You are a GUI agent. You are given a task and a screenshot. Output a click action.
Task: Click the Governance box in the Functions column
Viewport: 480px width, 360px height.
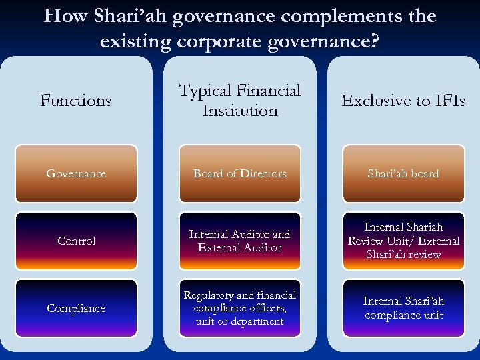coord(76,173)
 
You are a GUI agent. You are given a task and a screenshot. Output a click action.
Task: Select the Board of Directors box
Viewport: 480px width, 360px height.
coord(240,173)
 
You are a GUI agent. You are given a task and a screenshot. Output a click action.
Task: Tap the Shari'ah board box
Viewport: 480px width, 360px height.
coord(403,173)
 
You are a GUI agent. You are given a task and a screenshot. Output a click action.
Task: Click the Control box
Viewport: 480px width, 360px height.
coord(76,241)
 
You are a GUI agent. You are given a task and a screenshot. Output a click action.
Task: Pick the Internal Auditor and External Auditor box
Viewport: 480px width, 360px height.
coord(240,241)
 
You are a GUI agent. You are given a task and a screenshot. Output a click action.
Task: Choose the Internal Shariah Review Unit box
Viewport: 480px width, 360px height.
coord(403,241)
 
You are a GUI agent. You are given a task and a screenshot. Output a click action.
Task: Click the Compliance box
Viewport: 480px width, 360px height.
coord(76,308)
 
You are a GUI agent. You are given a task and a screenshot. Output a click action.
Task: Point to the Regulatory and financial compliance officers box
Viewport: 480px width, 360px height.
coord(240,308)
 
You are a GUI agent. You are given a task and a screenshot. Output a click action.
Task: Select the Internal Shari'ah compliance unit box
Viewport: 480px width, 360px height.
coord(403,308)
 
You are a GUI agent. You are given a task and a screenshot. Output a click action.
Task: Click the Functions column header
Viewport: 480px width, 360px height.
coord(76,101)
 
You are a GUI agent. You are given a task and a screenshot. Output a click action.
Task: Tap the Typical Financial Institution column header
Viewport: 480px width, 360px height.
coord(240,101)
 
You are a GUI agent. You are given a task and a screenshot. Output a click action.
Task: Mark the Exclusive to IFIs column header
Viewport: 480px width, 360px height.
coord(403,101)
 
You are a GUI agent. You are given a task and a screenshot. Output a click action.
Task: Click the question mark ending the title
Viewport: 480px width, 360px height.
coord(375,41)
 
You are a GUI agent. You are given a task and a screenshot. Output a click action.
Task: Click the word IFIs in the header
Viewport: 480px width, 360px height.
coord(448,101)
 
